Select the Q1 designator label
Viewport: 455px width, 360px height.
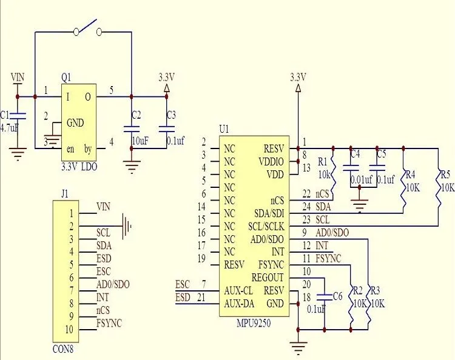tap(66, 77)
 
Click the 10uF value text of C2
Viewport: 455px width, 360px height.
tap(140, 140)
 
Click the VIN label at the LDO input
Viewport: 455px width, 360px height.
tap(18, 77)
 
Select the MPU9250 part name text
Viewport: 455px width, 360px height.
tap(253, 323)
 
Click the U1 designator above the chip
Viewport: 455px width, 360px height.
tap(224, 129)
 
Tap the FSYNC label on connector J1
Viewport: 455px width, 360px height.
tap(109, 323)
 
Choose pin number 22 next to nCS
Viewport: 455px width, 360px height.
tap(306, 194)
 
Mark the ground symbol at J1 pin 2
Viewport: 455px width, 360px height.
tap(126, 226)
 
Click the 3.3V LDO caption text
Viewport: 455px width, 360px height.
tap(78, 165)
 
